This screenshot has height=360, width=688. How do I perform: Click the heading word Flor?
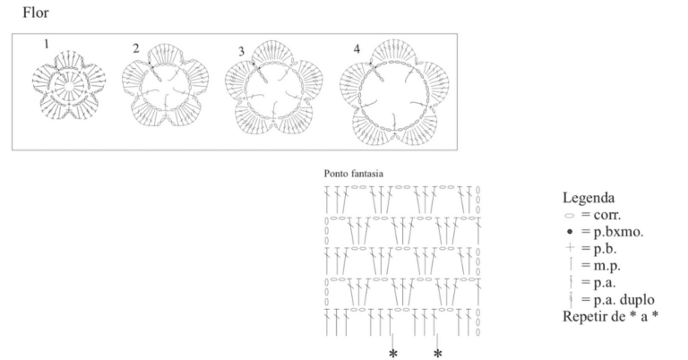point(36,13)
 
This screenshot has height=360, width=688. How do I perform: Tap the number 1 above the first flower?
point(47,44)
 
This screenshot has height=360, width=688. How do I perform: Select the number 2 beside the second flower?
point(136,48)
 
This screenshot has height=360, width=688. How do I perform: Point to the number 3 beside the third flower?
point(241,52)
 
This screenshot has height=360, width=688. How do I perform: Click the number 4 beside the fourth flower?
point(357,49)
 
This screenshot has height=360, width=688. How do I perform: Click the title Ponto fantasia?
point(354,174)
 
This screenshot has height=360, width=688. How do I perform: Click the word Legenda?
point(589,198)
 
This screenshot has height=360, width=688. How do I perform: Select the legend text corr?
point(607,215)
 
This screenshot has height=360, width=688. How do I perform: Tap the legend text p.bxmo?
point(618,232)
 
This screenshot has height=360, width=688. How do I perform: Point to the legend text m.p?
point(606,266)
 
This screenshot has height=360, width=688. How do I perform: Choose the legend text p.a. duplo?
point(623,300)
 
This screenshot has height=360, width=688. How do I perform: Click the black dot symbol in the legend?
point(570,232)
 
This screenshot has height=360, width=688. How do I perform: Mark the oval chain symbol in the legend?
point(570,216)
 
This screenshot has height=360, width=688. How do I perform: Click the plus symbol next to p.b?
point(570,248)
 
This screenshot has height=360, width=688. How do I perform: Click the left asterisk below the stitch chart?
point(393,354)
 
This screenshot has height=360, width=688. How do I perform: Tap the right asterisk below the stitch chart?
point(437,354)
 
